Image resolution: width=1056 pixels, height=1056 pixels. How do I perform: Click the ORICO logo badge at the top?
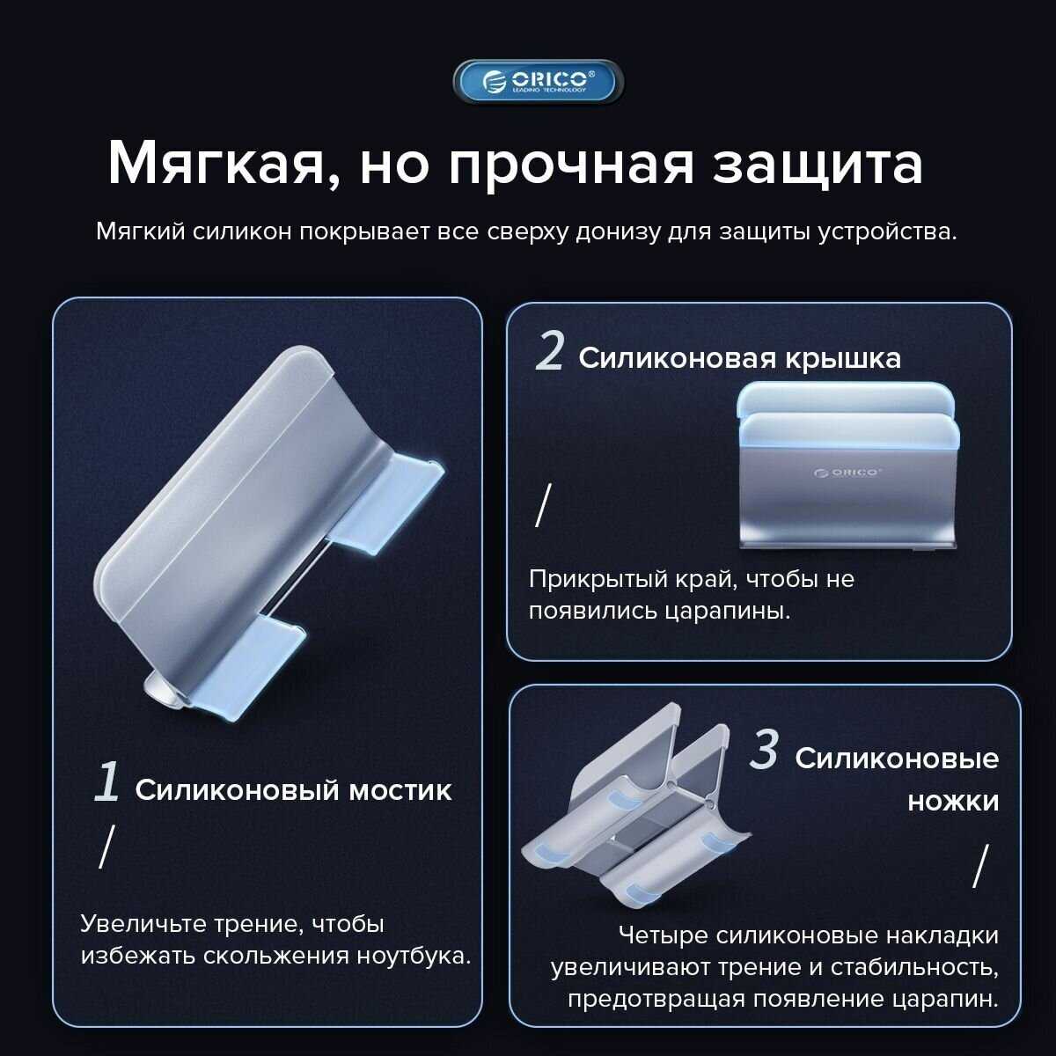point(539,82)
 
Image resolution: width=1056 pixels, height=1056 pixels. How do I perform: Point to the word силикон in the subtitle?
point(243,231)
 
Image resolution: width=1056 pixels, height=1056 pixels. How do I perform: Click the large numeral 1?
point(106,782)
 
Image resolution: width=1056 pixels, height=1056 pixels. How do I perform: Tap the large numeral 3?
point(763,751)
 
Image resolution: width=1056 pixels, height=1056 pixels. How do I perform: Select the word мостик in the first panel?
point(400,791)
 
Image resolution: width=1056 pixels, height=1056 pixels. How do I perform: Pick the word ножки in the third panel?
point(954,802)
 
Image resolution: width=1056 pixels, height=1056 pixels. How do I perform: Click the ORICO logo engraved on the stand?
point(847,473)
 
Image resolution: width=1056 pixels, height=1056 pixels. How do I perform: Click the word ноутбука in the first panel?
point(414,957)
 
